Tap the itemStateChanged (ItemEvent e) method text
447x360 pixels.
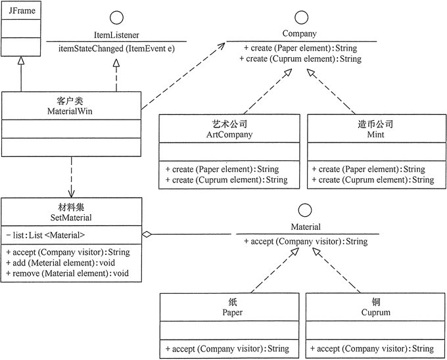click(116, 49)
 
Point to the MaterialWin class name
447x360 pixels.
click(70, 111)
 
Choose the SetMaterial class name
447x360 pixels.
click(70, 216)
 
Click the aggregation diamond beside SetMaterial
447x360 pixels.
click(148, 234)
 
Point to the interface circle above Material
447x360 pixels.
click(305, 211)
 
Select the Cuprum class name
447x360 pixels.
click(376, 313)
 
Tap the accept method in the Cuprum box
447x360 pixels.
click(371, 348)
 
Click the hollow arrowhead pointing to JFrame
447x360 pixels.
click(21, 60)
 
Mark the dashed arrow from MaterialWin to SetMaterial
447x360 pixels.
click(70, 177)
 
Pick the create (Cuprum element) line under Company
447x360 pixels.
click(302, 59)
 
